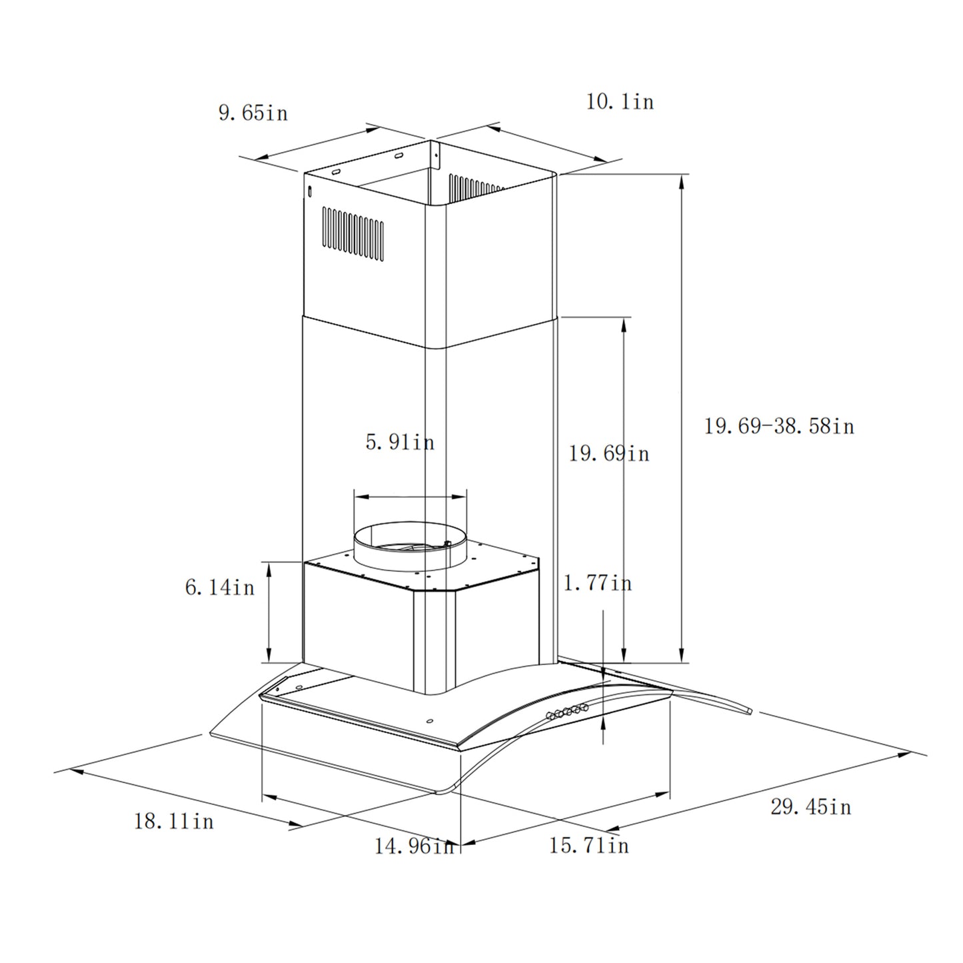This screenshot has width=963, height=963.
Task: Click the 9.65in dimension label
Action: point(253,113)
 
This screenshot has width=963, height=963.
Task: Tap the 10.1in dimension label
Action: point(620,102)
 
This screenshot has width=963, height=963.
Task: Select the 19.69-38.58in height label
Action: point(778,426)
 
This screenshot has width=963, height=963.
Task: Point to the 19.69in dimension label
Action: point(608,454)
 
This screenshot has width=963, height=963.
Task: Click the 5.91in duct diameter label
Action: point(399,442)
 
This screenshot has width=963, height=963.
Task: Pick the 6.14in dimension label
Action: point(219,587)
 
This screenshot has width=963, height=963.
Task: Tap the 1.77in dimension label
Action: point(597,584)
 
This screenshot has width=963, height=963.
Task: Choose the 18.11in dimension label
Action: point(174,820)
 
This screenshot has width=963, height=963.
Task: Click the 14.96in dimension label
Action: point(413,846)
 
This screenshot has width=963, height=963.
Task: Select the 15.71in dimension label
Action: point(588,846)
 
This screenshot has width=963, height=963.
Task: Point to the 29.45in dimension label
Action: point(810,807)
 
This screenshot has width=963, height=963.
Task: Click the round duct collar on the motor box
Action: point(411,545)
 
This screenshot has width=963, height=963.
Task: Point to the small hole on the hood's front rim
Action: point(428,720)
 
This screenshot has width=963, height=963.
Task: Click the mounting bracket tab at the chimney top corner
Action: point(435,155)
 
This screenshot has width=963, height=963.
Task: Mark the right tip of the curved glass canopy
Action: point(749,711)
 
